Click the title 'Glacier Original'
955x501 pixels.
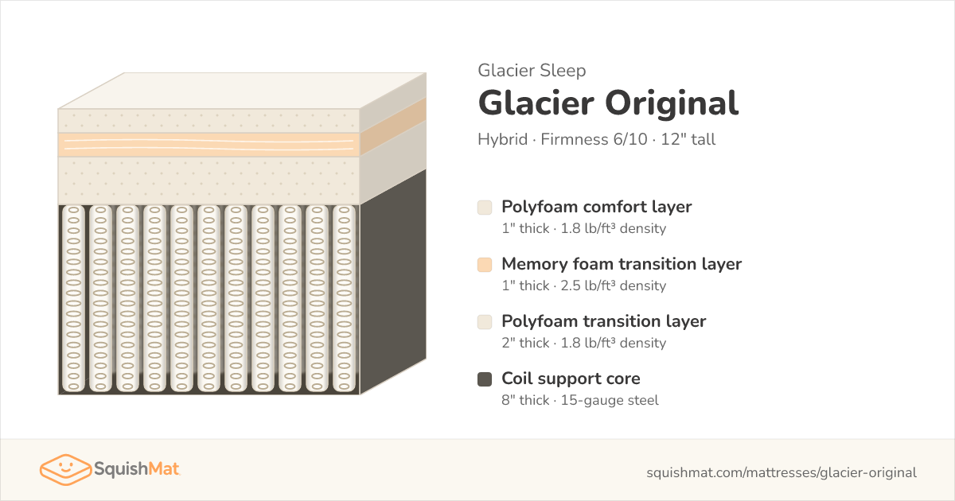[x=608, y=103]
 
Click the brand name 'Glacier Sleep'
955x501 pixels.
[x=532, y=70]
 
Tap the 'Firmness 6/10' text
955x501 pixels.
[x=594, y=139]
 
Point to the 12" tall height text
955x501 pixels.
[x=688, y=139]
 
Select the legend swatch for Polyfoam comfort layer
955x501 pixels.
[x=485, y=208]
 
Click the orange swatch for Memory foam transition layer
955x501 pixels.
[x=485, y=265]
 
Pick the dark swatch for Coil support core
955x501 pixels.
[x=485, y=379]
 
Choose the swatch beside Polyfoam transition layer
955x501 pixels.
[x=485, y=322]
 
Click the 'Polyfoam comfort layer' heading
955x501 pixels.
[x=596, y=207]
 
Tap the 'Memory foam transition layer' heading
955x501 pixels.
[x=622, y=264]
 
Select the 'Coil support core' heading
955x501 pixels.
[x=571, y=379]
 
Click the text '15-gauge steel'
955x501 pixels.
[x=610, y=400]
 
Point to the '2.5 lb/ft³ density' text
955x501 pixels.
[x=613, y=285]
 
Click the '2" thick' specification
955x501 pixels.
[x=525, y=343]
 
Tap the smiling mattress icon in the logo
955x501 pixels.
[x=65, y=469]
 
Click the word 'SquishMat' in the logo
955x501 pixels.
[x=137, y=469]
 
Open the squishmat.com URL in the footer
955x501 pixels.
[x=782, y=472]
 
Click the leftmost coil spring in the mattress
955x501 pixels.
[x=73, y=299]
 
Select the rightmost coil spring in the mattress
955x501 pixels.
[x=344, y=299]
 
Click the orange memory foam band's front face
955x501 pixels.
[x=209, y=145]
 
